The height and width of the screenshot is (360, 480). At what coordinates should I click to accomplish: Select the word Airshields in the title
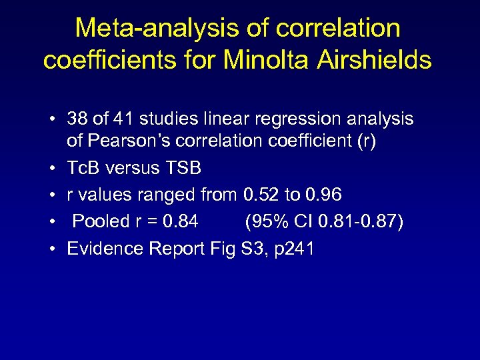pos(375,60)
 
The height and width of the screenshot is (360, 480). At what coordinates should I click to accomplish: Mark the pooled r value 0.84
pos(181,221)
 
